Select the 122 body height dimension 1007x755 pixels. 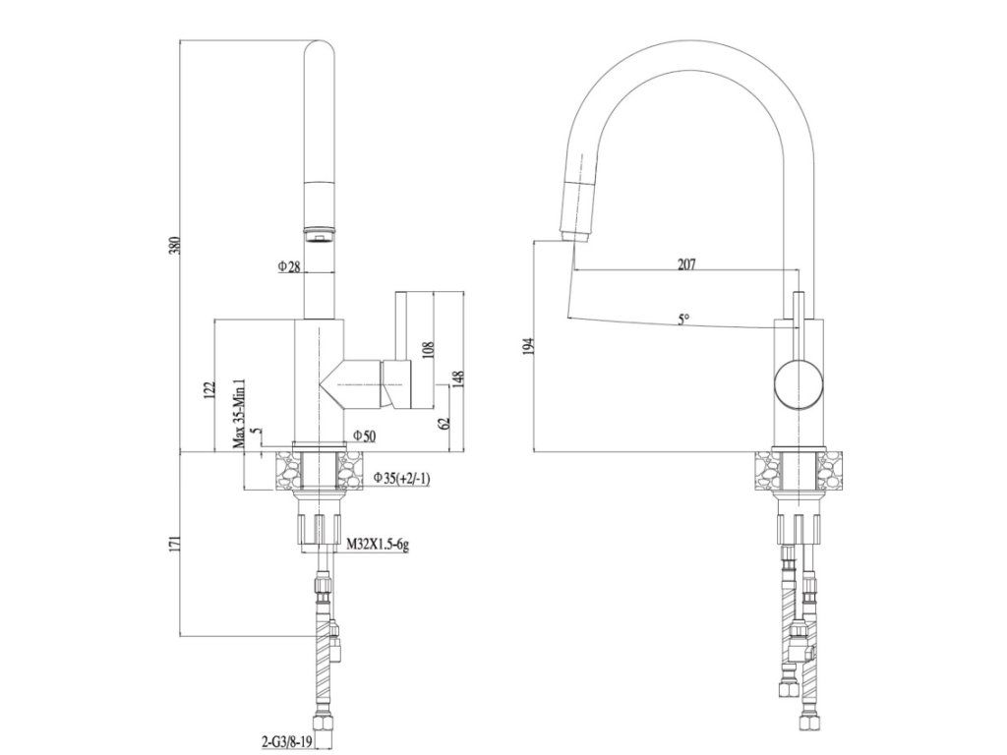[207, 390]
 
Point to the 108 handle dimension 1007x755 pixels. [427, 351]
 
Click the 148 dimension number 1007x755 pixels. [457, 379]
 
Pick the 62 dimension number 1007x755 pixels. [444, 422]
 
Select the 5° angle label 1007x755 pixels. [682, 318]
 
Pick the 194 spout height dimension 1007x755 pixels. [528, 346]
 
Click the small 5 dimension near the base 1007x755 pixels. [255, 431]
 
